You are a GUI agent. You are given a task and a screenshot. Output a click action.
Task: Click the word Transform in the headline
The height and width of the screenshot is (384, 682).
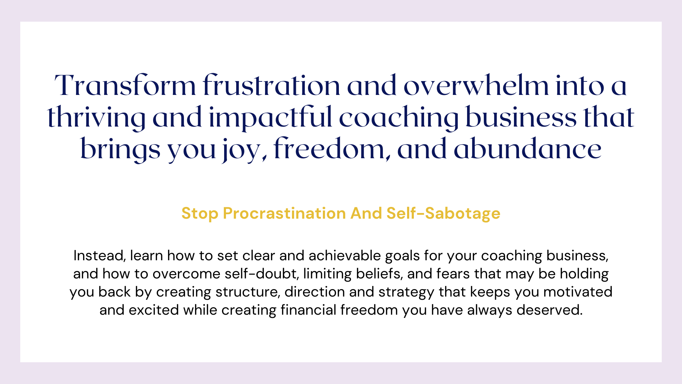pyautogui.click(x=125, y=86)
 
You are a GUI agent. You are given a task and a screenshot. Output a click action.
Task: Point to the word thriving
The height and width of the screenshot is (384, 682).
pyautogui.click(x=96, y=117)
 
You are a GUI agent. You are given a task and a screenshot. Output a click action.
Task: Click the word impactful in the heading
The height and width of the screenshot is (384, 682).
pyautogui.click(x=271, y=117)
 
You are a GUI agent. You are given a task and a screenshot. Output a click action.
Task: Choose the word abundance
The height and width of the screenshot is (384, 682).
pyautogui.click(x=527, y=149)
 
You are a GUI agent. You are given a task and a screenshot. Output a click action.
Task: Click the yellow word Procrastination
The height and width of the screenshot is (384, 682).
pyautogui.click(x=284, y=213)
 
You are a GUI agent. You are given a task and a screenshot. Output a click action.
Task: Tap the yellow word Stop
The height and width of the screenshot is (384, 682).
pyautogui.click(x=200, y=214)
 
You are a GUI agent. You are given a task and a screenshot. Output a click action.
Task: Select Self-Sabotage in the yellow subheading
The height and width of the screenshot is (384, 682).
pyautogui.click(x=443, y=214)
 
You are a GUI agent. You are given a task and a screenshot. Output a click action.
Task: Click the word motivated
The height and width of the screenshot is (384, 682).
pyautogui.click(x=578, y=292)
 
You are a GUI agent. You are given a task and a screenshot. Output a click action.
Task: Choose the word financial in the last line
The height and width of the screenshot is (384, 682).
pyautogui.click(x=308, y=310)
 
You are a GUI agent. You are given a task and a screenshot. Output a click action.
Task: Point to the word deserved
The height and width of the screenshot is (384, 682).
pyautogui.click(x=550, y=310)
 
